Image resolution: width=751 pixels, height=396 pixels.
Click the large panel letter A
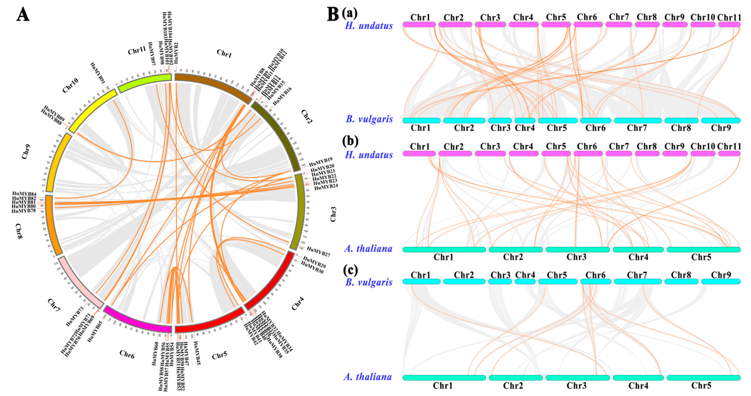pos(23,14)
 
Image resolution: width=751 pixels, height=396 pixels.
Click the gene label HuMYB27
pos(318,252)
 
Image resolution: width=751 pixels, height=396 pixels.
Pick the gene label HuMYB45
pos(195,353)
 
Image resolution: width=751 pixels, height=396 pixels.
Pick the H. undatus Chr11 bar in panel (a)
pos(729,24)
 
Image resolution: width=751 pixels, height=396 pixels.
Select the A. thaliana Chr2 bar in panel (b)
pos(515,249)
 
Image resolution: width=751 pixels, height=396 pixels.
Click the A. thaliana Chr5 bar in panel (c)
pos(703,378)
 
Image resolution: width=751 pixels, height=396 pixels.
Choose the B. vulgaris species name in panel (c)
pos(369,282)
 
